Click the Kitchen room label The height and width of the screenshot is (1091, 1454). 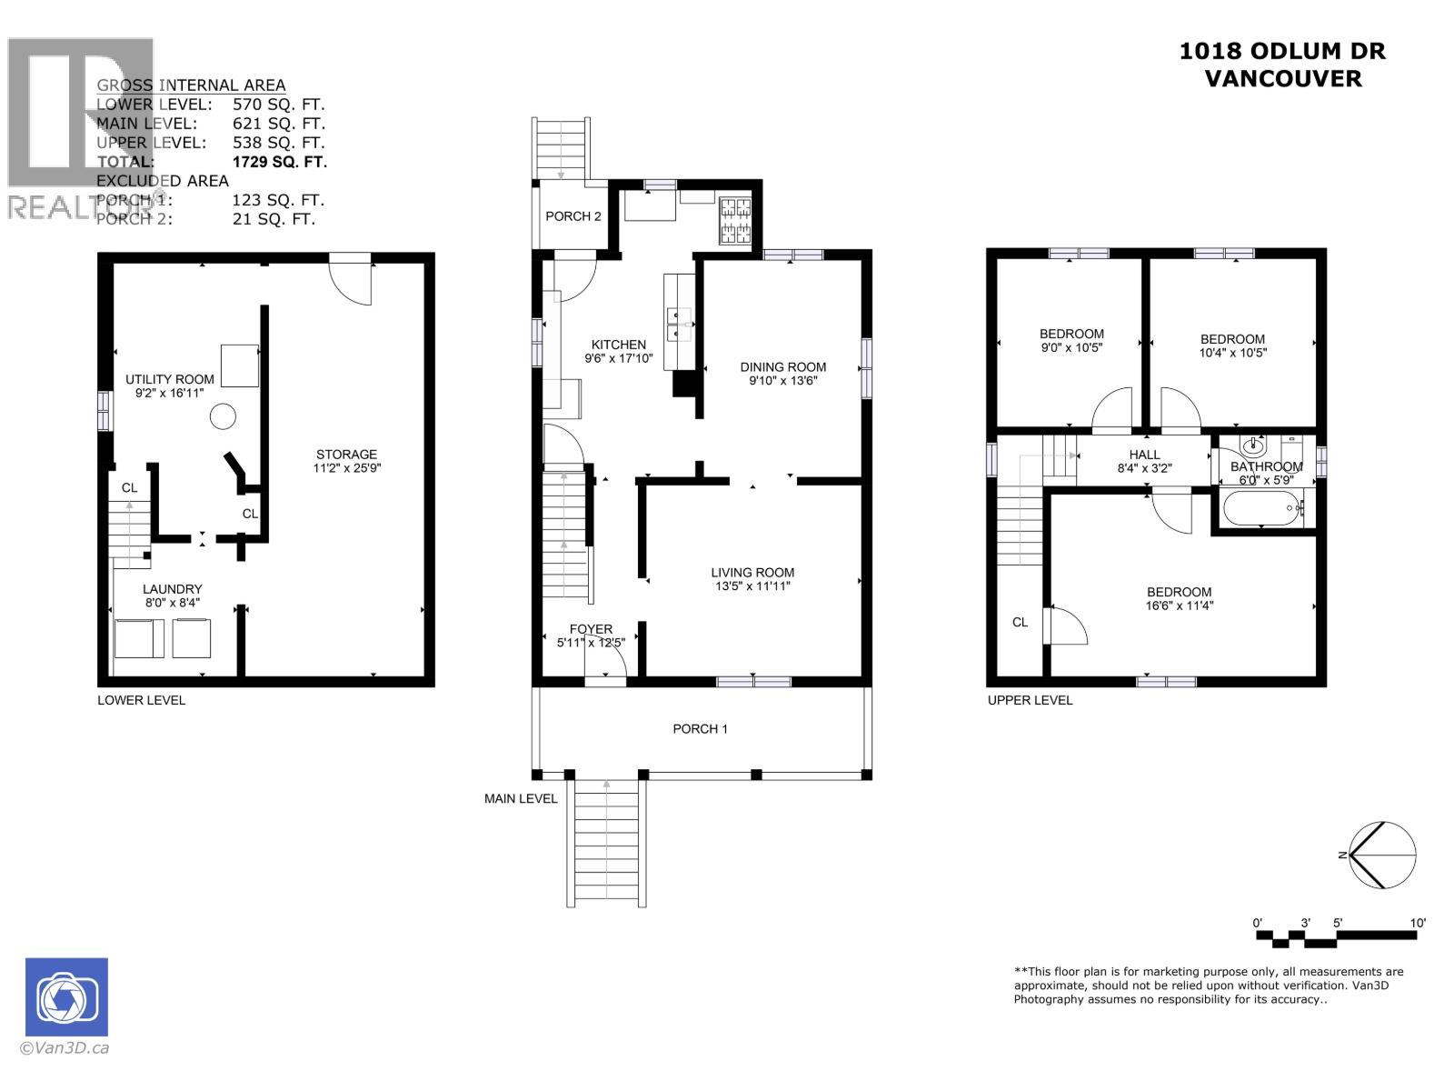click(x=619, y=345)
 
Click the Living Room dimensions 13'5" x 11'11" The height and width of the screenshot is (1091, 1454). click(x=752, y=586)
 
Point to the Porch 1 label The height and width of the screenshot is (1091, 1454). click(x=700, y=728)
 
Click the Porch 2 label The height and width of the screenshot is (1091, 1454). click(x=573, y=216)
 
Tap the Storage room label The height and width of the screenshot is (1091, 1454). click(x=346, y=455)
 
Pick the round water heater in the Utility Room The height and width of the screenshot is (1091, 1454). click(x=223, y=417)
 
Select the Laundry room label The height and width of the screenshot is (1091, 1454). click(x=172, y=589)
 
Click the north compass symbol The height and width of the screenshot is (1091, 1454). click(x=1382, y=855)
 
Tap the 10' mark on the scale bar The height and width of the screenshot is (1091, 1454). click(x=1418, y=923)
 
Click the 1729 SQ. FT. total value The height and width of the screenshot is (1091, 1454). click(x=279, y=162)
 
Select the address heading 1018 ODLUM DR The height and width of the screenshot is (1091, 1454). click(x=1282, y=51)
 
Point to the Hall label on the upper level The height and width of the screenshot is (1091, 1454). click(x=1144, y=455)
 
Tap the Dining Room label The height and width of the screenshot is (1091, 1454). click(x=782, y=367)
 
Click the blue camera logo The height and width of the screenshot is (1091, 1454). click(x=66, y=996)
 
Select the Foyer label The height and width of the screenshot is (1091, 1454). click(x=591, y=629)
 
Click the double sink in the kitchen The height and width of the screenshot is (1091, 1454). click(x=679, y=323)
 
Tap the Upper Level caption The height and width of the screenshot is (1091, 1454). click(x=1030, y=700)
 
